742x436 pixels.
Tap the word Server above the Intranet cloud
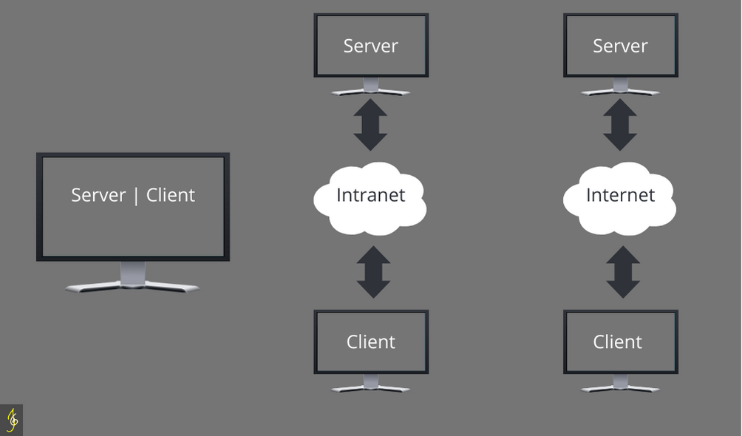point(370,46)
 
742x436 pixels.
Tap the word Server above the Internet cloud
point(620,46)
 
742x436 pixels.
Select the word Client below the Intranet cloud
point(370,341)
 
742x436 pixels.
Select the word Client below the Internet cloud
point(617,341)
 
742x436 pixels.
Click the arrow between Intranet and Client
point(373,272)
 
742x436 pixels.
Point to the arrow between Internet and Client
point(623,272)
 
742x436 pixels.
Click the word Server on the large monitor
point(98,195)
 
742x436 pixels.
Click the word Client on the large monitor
point(171,195)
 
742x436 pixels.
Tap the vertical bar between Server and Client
point(136,196)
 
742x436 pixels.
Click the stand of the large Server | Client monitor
point(132,279)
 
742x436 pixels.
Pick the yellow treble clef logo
point(12,420)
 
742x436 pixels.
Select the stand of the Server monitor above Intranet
point(370,88)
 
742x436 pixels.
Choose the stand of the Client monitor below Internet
point(620,384)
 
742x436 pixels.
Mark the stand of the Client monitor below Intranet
point(370,384)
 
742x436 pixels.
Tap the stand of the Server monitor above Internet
point(620,88)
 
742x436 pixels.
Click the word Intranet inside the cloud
point(370,195)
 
